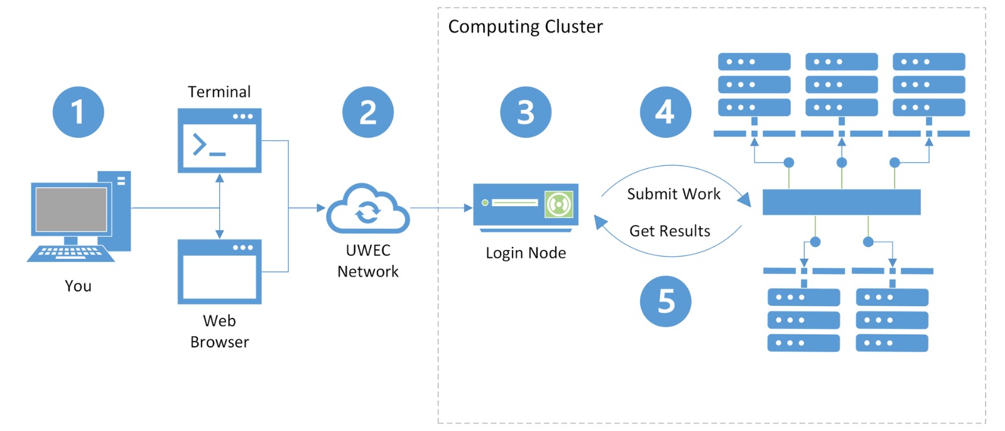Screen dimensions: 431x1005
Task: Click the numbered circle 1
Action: coord(78,112)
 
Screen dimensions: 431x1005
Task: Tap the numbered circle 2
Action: coord(367,112)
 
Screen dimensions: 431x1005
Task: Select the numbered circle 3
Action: coord(525,112)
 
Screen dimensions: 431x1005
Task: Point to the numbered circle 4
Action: coord(665,112)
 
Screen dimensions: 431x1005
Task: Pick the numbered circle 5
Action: coord(665,301)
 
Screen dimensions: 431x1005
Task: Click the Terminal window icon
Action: coord(219,140)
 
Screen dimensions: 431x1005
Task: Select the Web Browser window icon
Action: coord(219,271)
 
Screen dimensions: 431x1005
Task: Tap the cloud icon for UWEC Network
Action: coord(367,209)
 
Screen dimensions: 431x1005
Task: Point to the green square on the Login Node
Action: coord(558,204)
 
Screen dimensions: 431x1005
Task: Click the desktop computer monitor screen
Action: coord(71,210)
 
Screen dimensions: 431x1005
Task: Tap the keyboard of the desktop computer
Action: coord(70,253)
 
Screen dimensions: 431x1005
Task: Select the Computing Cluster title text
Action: coord(525,26)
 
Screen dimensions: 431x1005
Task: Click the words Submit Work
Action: coord(673,194)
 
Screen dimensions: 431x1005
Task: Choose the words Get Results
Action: coord(670,231)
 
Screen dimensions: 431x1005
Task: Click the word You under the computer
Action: coord(78,286)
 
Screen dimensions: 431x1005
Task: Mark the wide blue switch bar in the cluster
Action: coord(841,202)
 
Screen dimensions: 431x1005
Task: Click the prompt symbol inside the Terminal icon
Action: coord(200,145)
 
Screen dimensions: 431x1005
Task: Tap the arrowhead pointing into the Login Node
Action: coord(468,208)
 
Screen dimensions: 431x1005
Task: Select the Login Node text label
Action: coord(526,253)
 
